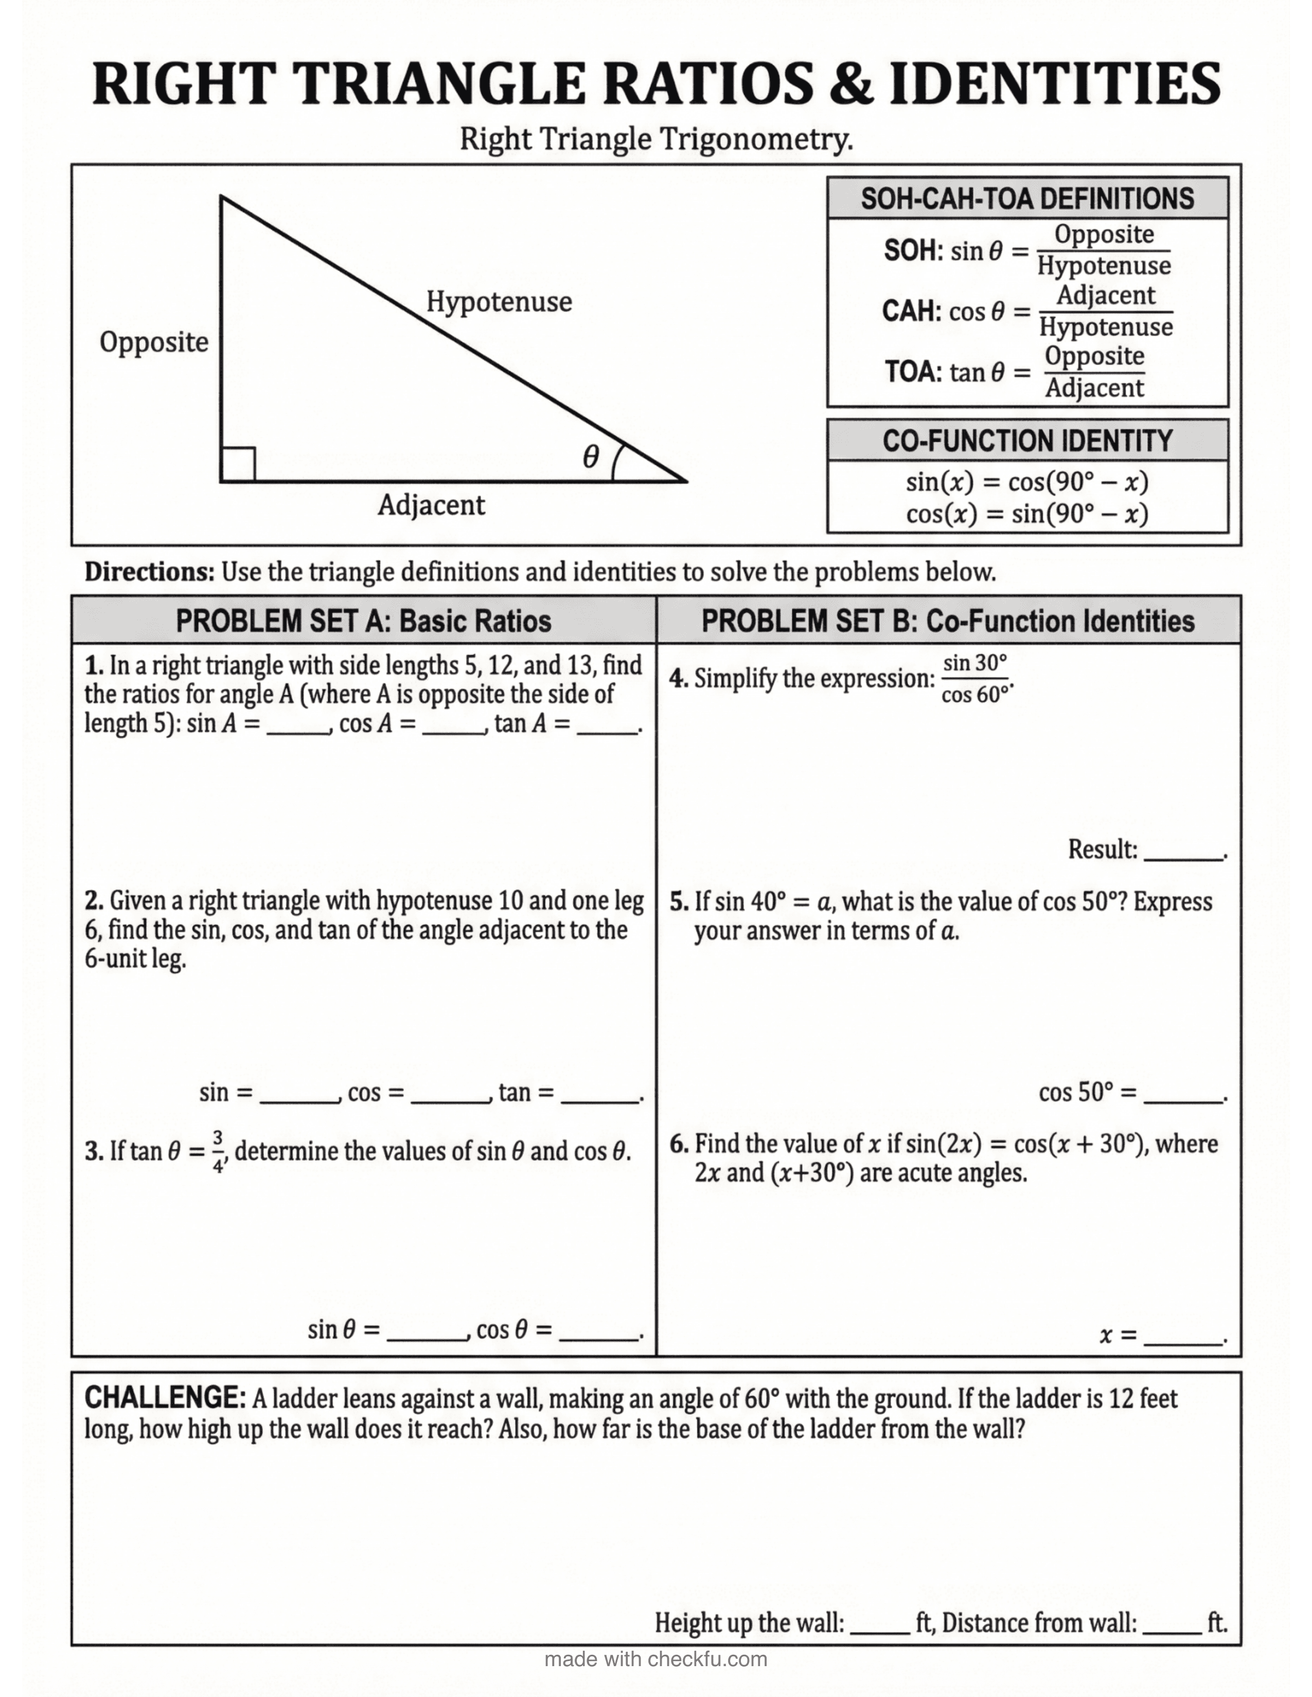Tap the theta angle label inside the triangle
tap(591, 457)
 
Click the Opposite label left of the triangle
tap(154, 342)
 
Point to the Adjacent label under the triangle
tap(431, 505)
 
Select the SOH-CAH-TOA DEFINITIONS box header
tap(1027, 199)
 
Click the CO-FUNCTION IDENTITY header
tap(1027, 441)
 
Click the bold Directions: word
tap(149, 572)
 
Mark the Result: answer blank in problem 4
tap(1183, 855)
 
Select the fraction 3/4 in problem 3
tap(218, 1151)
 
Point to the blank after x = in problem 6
tap(1183, 1339)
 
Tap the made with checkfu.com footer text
tap(655, 1659)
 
